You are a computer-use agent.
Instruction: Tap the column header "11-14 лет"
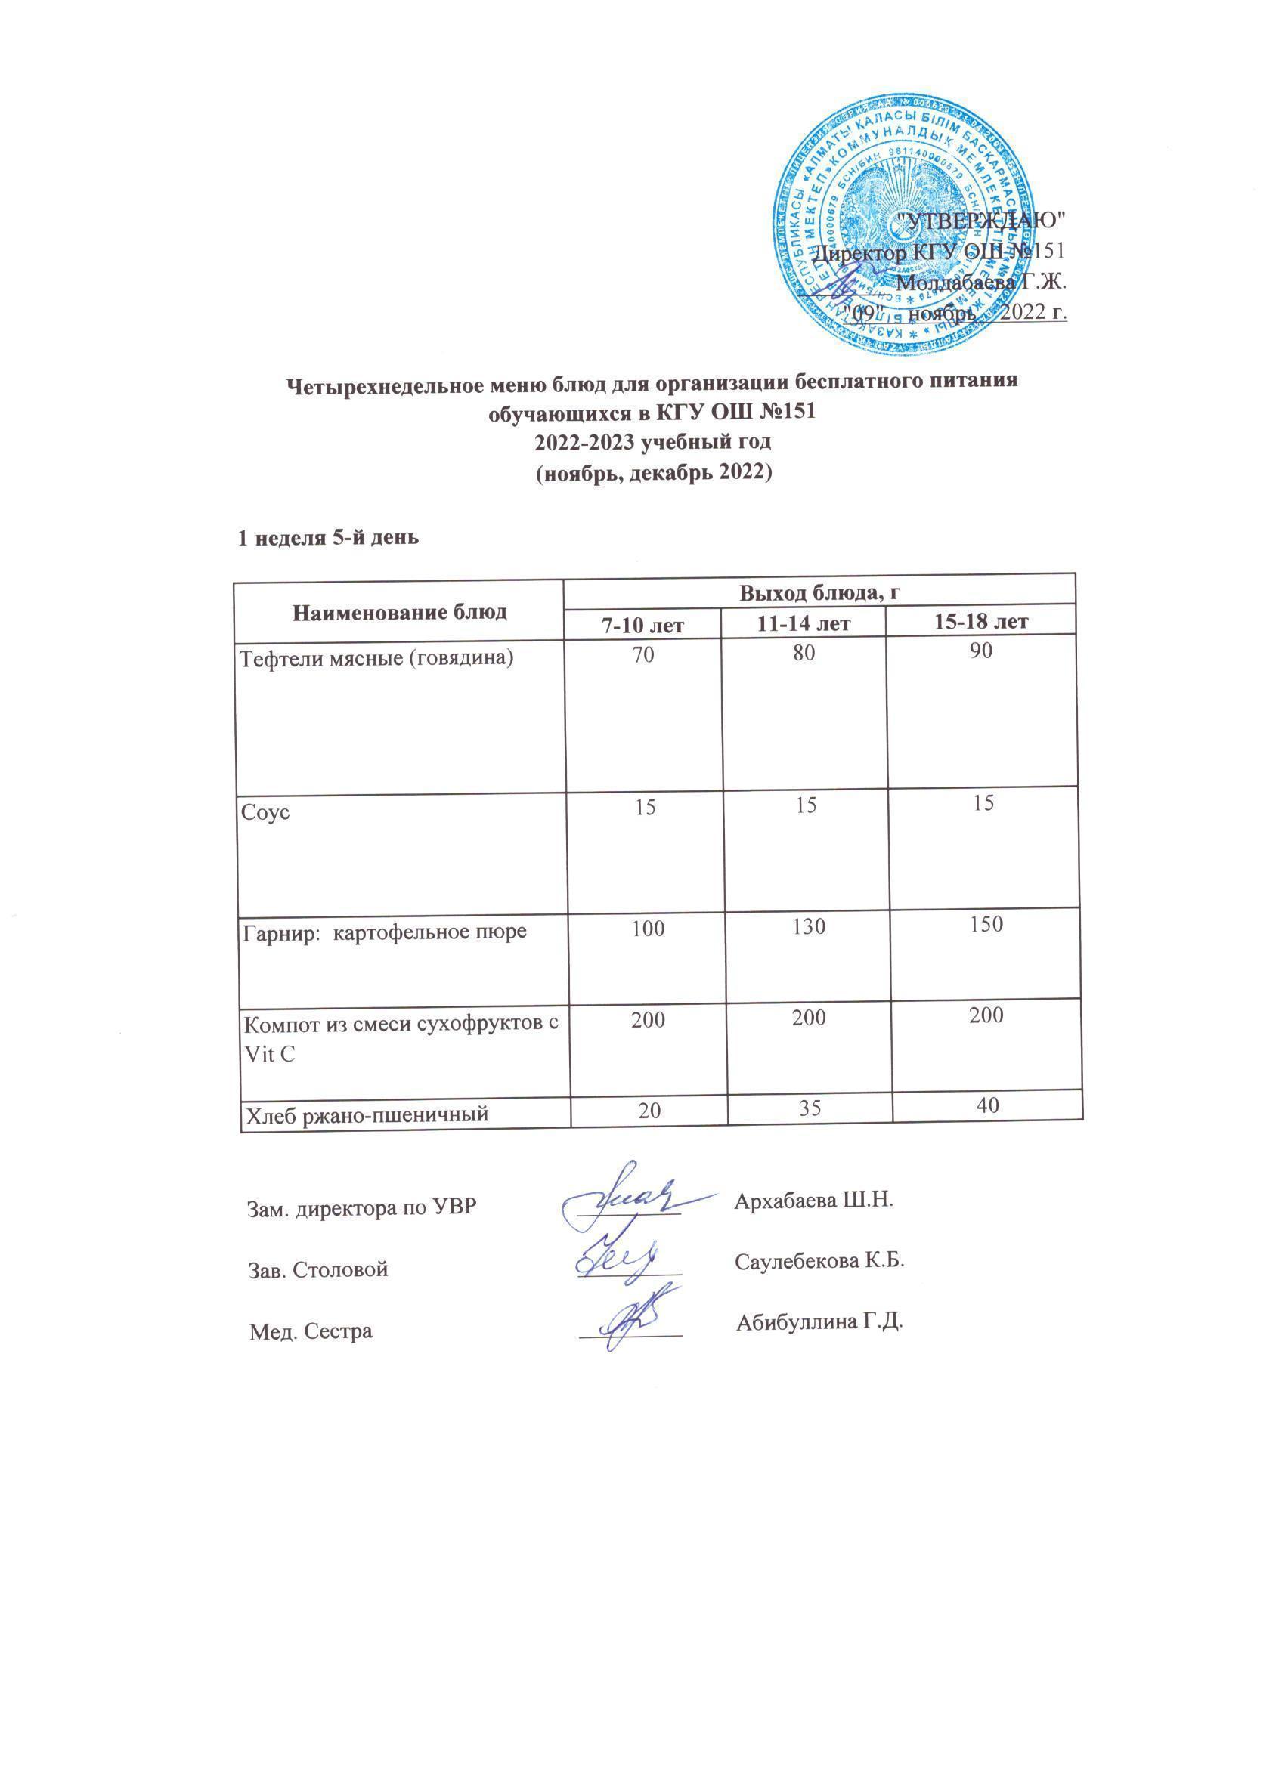click(x=804, y=622)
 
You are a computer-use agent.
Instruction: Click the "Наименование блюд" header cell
click(x=400, y=611)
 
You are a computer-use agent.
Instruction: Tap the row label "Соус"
click(x=265, y=812)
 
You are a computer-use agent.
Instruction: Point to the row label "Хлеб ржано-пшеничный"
click(x=367, y=1114)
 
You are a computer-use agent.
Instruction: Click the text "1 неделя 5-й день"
click(x=328, y=538)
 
